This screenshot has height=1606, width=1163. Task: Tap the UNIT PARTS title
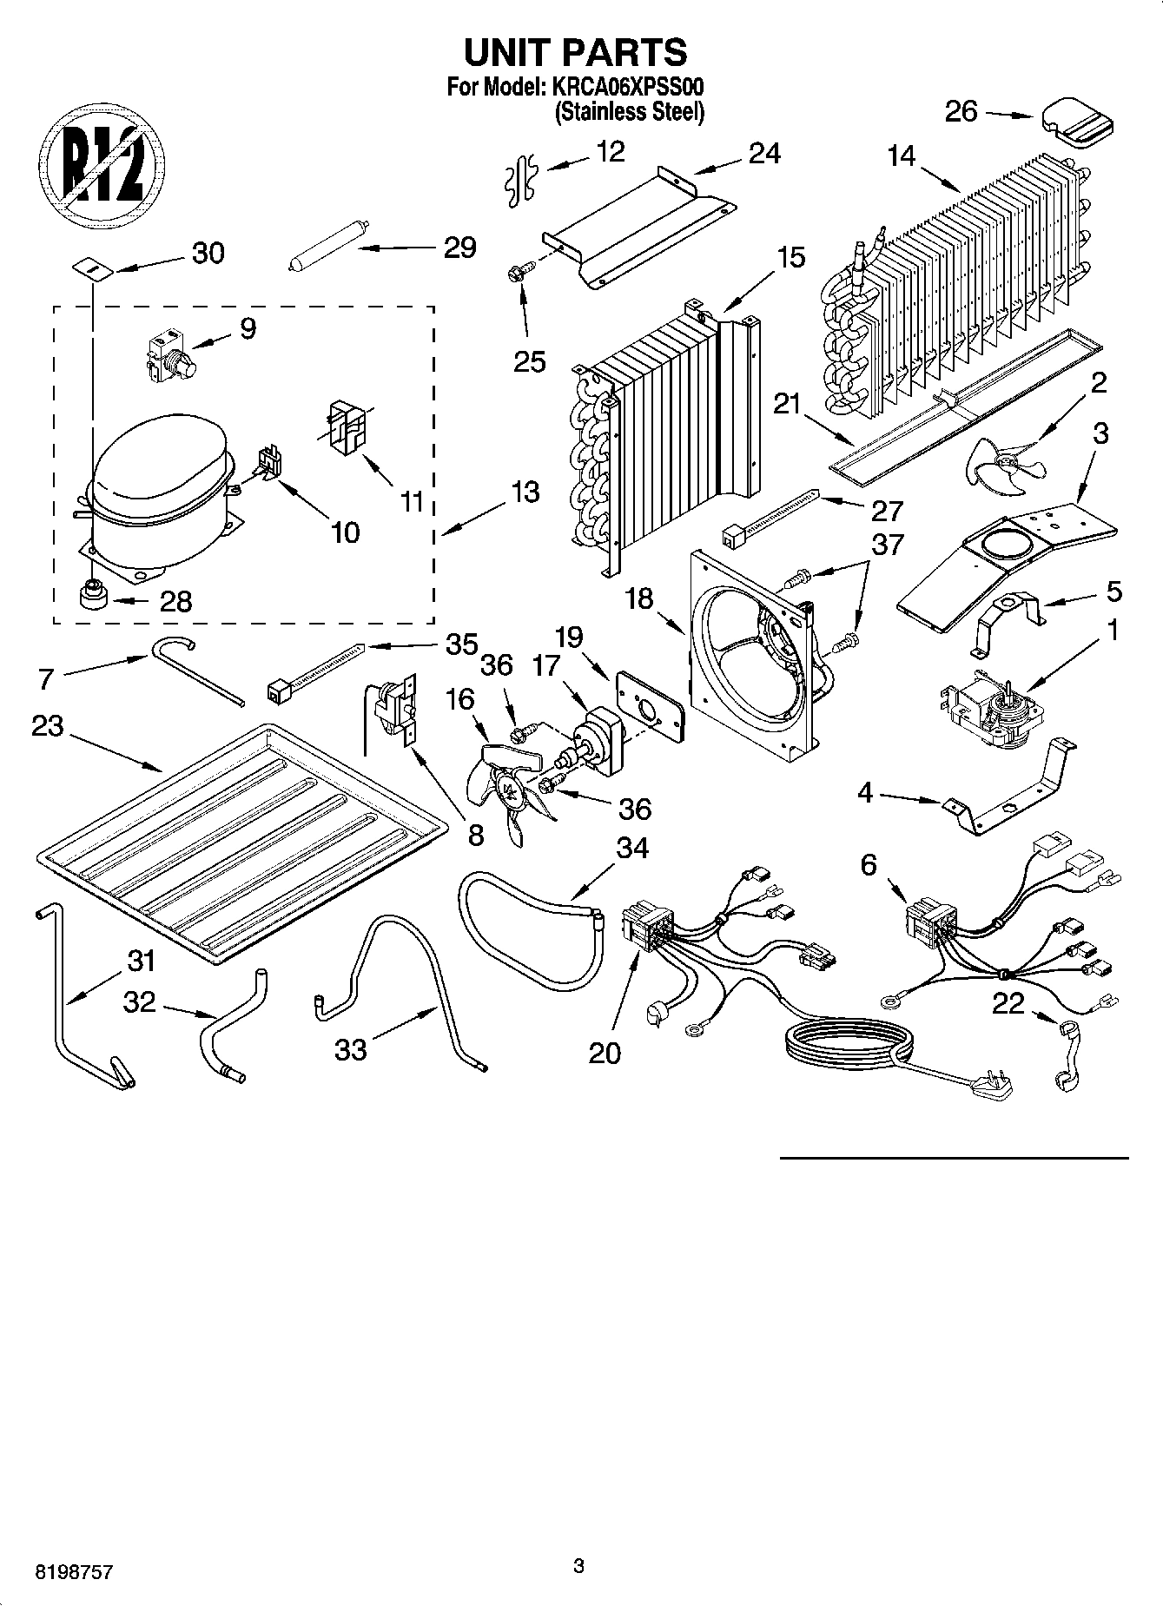(x=575, y=52)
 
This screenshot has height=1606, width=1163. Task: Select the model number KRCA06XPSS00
(x=624, y=88)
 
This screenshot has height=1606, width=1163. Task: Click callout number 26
(x=961, y=112)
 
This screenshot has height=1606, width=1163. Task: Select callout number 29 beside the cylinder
(x=459, y=248)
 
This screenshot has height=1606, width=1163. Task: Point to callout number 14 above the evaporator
(x=902, y=156)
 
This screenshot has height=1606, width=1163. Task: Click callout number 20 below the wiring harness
(x=605, y=1053)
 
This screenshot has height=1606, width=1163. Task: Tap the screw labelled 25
(x=519, y=274)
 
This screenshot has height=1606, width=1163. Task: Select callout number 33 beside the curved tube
(x=351, y=1050)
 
